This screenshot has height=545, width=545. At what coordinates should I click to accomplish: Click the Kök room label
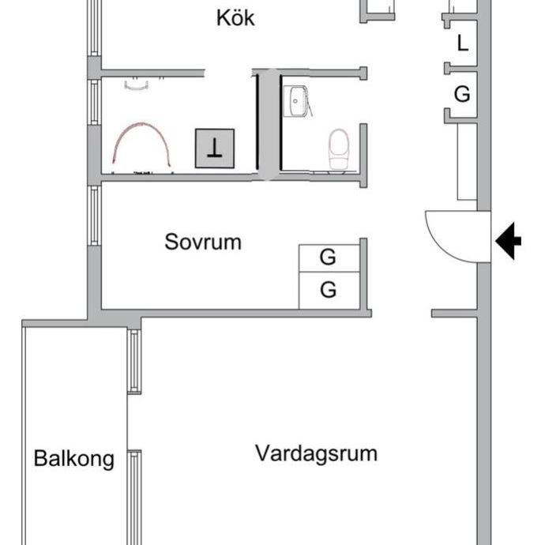tap(235, 17)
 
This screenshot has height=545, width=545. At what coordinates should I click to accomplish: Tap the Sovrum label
tap(203, 242)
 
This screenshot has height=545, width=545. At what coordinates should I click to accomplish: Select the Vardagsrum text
tap(316, 453)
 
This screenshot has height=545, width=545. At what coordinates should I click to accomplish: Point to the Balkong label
tap(74, 459)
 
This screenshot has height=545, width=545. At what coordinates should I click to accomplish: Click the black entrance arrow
tap(508, 241)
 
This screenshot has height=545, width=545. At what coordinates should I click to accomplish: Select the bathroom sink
tap(295, 101)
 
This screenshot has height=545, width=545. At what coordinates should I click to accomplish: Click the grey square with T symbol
tap(215, 148)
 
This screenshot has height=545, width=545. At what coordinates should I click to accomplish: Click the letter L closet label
tap(462, 43)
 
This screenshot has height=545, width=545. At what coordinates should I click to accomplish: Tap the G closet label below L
tap(462, 94)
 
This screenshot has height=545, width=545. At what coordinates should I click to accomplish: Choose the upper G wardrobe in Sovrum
tap(329, 258)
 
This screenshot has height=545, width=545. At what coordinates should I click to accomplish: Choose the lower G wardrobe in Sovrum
tap(329, 291)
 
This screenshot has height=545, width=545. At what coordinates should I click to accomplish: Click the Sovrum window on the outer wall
tap(94, 216)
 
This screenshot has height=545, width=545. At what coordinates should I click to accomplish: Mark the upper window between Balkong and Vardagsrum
tap(134, 361)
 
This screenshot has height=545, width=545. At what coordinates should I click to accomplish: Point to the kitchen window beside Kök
tap(94, 28)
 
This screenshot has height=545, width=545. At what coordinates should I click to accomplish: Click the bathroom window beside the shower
tap(94, 102)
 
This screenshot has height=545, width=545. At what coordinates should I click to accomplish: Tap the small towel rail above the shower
tap(136, 86)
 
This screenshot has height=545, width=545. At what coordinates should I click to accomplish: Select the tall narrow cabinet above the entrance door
tap(467, 162)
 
